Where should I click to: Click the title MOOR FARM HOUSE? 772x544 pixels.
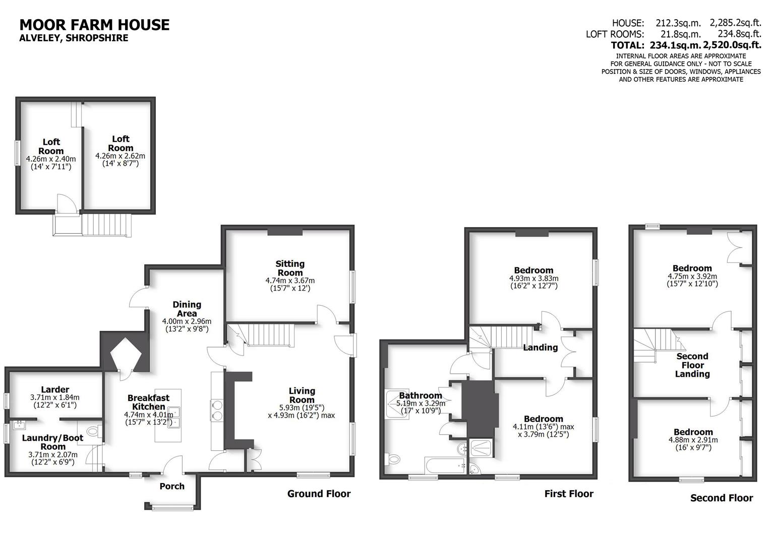click(x=94, y=25)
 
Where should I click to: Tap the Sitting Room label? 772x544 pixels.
click(x=290, y=268)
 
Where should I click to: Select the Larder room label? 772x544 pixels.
click(x=55, y=389)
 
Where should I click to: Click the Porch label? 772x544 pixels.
click(x=172, y=486)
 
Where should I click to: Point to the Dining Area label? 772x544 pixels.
click(x=187, y=309)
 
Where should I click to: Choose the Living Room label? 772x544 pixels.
click(x=302, y=395)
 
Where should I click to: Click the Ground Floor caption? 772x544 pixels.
click(x=319, y=494)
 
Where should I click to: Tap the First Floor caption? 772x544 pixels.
click(x=568, y=494)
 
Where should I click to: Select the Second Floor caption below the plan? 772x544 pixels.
click(x=721, y=498)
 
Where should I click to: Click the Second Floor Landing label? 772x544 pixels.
click(x=692, y=365)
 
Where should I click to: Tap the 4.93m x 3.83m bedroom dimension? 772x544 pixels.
click(x=533, y=278)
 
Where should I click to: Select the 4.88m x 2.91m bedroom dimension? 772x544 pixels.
click(x=693, y=440)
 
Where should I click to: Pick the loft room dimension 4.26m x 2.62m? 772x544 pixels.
click(x=120, y=156)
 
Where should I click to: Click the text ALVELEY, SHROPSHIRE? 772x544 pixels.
click(x=74, y=38)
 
